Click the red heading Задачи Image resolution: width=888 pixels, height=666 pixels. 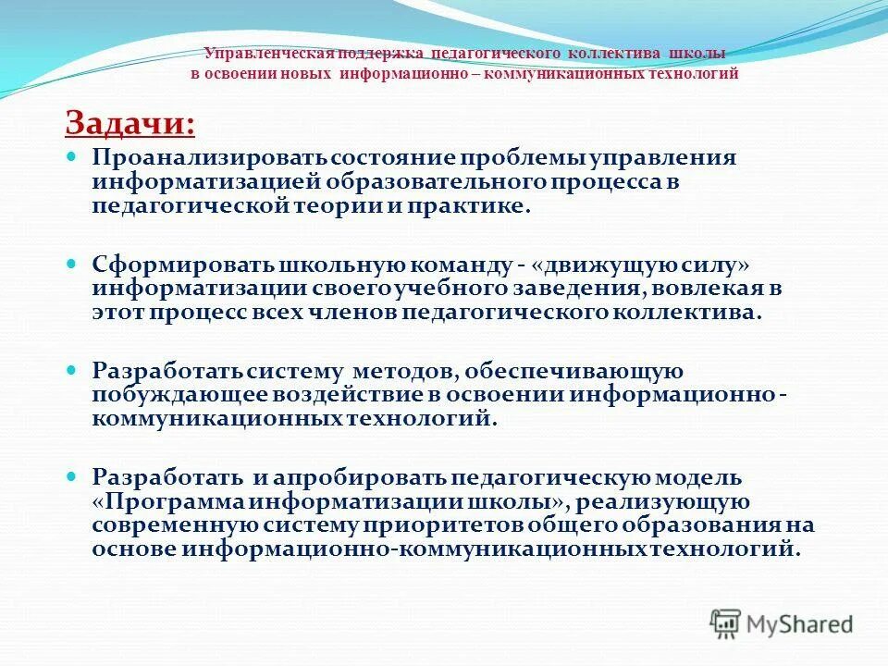tap(129, 122)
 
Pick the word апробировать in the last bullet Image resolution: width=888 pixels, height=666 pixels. tap(360, 478)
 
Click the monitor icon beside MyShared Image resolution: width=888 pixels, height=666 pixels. tap(726, 623)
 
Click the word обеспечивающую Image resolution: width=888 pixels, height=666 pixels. tap(574, 371)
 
